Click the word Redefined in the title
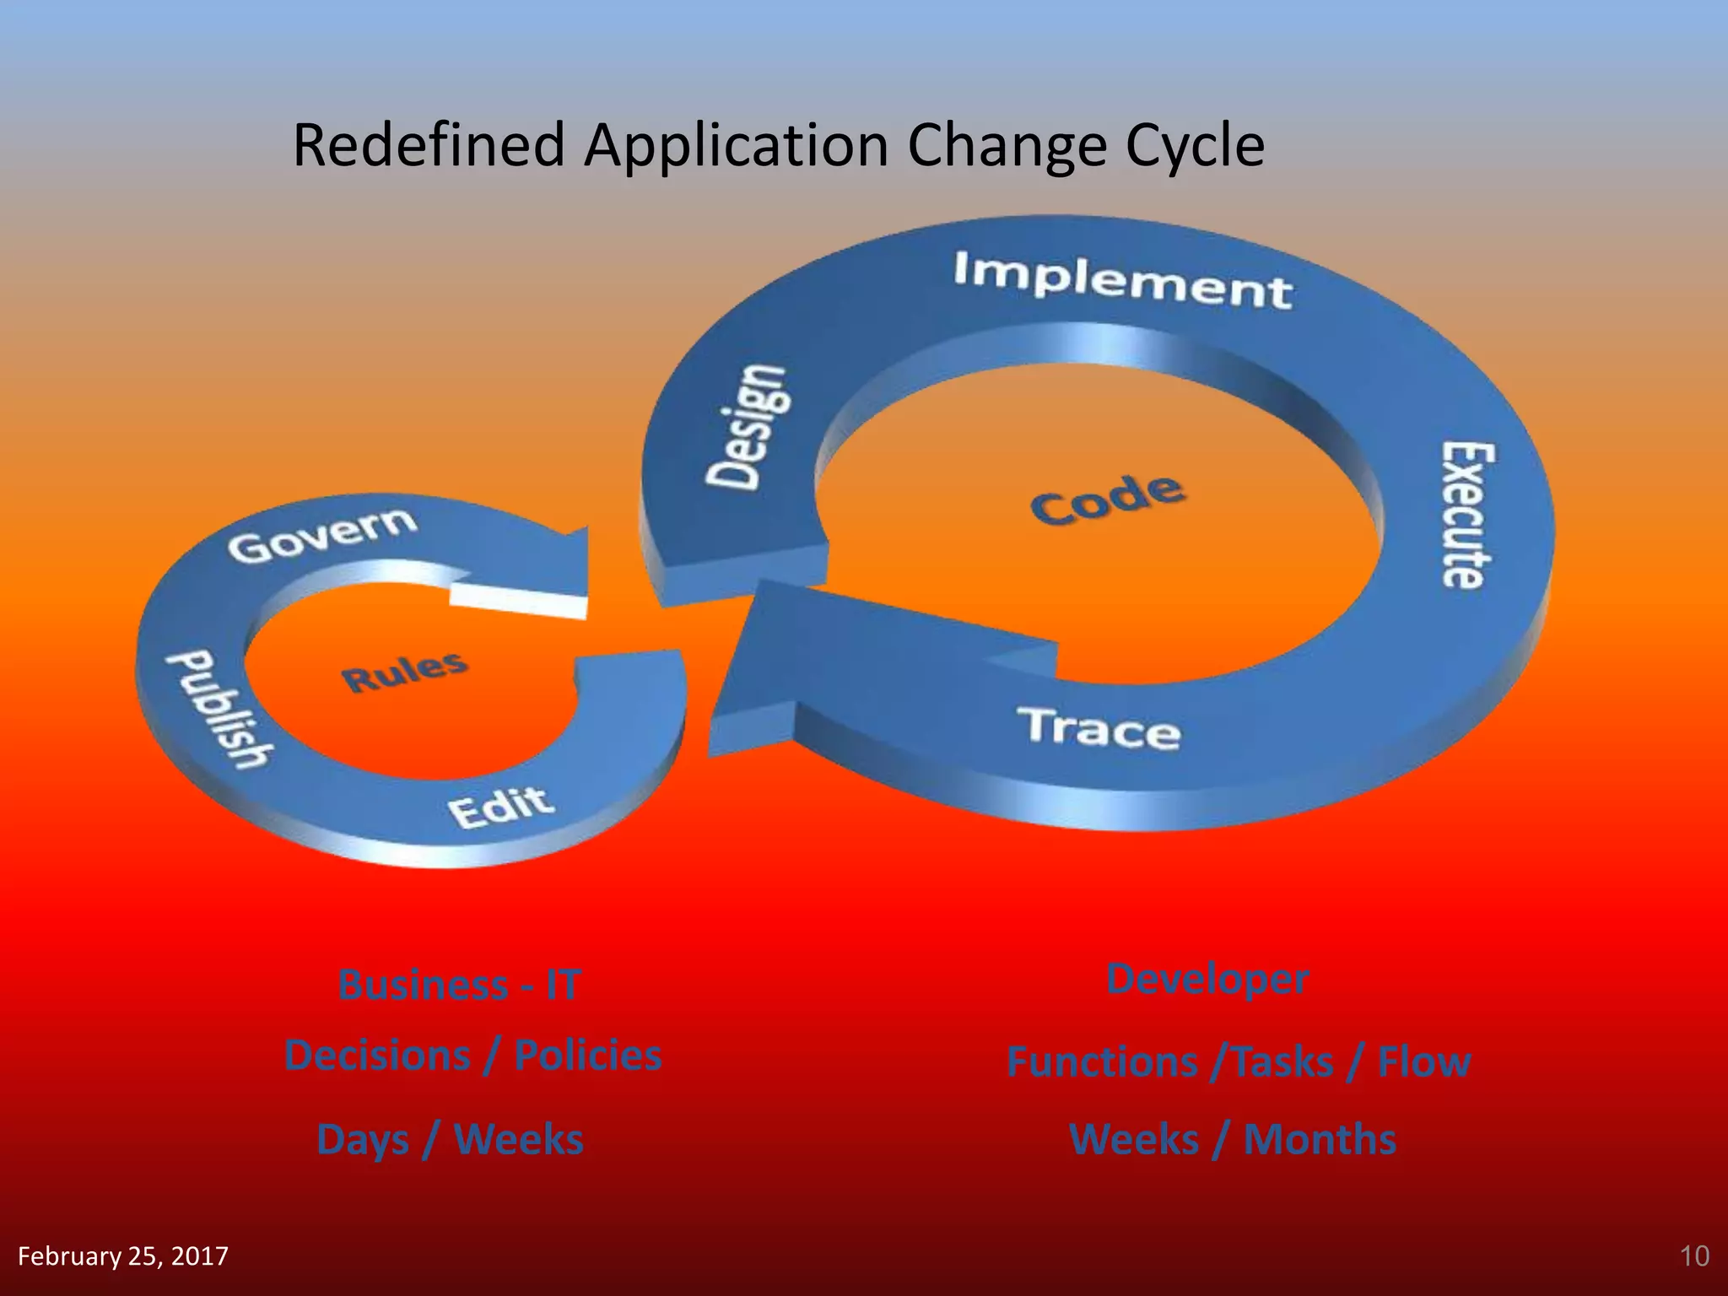click(428, 145)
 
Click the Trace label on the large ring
click(1098, 728)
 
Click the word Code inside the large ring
click(1106, 499)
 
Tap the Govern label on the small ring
click(321, 536)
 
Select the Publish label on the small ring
click(219, 709)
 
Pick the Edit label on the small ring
click(501, 807)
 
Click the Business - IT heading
click(459, 985)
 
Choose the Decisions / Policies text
click(472, 1056)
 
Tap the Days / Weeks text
click(450, 1139)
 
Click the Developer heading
click(1207, 979)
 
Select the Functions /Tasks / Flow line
click(1238, 1061)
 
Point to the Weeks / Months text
click(1232, 1139)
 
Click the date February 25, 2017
click(123, 1256)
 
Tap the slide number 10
click(1694, 1256)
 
